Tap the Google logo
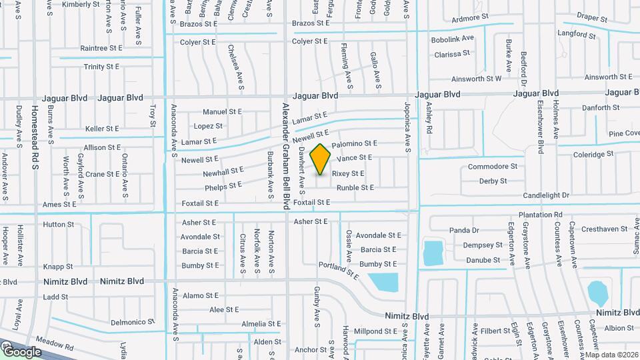[x=22, y=351]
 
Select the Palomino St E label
[x=354, y=143]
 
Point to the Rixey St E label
[x=348, y=173]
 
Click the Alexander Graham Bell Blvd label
[x=285, y=156]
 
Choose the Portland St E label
[x=339, y=269]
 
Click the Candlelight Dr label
[x=546, y=195]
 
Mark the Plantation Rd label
[x=540, y=215]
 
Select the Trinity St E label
[x=101, y=67]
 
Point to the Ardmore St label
[x=470, y=18]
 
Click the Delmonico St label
[x=133, y=321]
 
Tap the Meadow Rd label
[x=55, y=342]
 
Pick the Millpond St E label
[x=377, y=331]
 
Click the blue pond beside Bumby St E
[x=383, y=282]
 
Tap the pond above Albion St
[x=597, y=292]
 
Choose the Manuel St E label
[x=222, y=112]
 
